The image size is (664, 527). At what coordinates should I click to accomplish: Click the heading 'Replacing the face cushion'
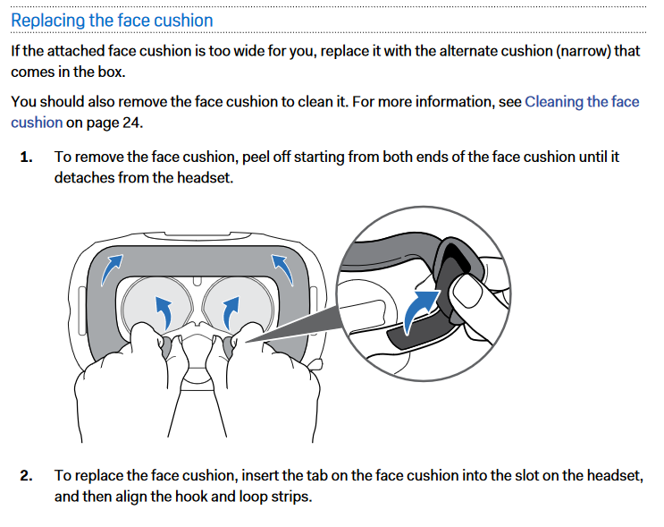pos(112,21)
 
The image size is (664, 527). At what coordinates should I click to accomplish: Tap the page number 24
pos(130,123)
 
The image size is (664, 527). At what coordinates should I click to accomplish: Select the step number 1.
pos(26,157)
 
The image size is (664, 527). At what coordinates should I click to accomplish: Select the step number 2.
pos(26,476)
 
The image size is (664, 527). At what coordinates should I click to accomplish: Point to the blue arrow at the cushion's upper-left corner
pos(111,268)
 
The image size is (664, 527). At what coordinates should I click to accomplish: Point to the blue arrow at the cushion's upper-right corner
pos(282,268)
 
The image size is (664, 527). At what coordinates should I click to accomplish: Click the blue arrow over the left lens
pos(164,312)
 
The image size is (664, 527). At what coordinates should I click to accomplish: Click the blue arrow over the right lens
pos(231,312)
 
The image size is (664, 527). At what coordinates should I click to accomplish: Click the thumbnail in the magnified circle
pos(466,291)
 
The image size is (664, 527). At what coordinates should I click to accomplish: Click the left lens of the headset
pos(155,304)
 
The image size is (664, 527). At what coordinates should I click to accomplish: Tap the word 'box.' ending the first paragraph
pos(112,72)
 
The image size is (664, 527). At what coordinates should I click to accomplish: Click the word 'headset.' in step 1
pos(206,178)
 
